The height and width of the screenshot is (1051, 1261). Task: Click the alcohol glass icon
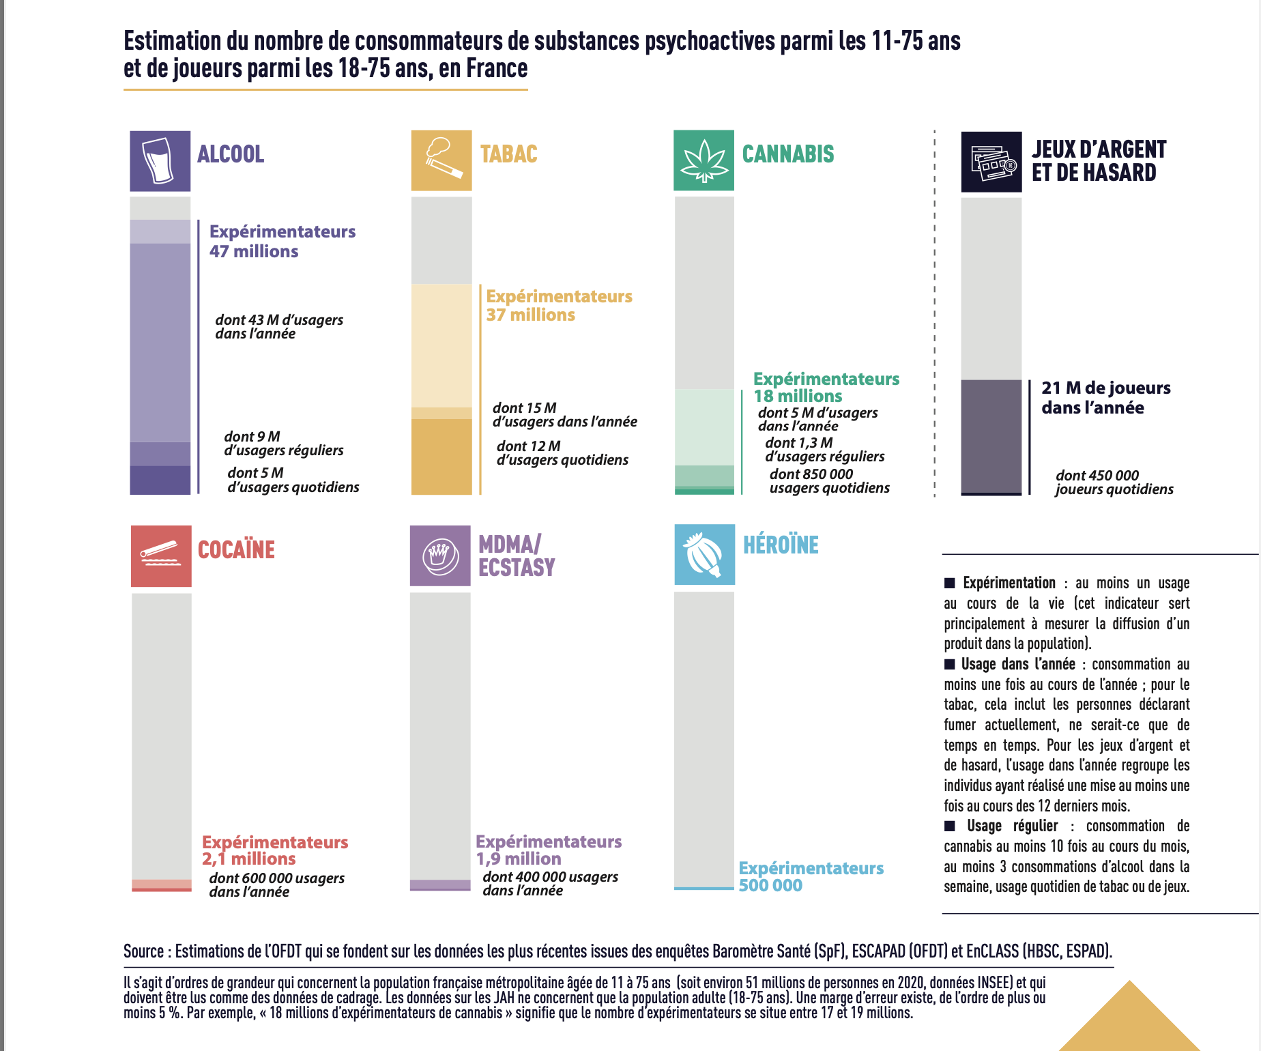[x=160, y=160]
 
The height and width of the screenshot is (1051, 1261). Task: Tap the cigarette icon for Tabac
[x=441, y=160]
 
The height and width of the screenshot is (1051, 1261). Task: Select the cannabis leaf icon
[x=704, y=160]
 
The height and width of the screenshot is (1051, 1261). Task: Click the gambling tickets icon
[x=991, y=162]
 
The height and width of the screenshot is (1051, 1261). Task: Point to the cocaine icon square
[x=161, y=556]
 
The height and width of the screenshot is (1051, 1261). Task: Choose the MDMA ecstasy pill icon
[x=440, y=556]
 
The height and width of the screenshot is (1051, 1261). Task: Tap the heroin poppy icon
[x=704, y=554]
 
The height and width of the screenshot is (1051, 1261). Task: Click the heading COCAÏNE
[x=236, y=549]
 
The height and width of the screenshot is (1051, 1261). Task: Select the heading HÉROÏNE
[x=781, y=545]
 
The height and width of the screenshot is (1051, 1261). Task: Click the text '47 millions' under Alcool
[x=254, y=251]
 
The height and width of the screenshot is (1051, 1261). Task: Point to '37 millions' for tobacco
[x=530, y=315]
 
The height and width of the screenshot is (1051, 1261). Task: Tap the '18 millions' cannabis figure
[x=798, y=396]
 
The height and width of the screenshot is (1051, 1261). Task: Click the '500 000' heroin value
[x=770, y=885]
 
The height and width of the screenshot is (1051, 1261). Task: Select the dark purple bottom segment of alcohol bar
[x=160, y=480]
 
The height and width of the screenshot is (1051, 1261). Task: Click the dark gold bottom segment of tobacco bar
[x=441, y=457]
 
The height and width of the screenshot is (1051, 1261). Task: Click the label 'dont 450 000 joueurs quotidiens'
[x=1114, y=482]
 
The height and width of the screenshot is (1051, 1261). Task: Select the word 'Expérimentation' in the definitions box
[x=1009, y=583]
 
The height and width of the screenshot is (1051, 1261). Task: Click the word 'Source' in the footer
[x=143, y=951]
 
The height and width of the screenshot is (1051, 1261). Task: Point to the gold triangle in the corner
[x=1129, y=1020]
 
